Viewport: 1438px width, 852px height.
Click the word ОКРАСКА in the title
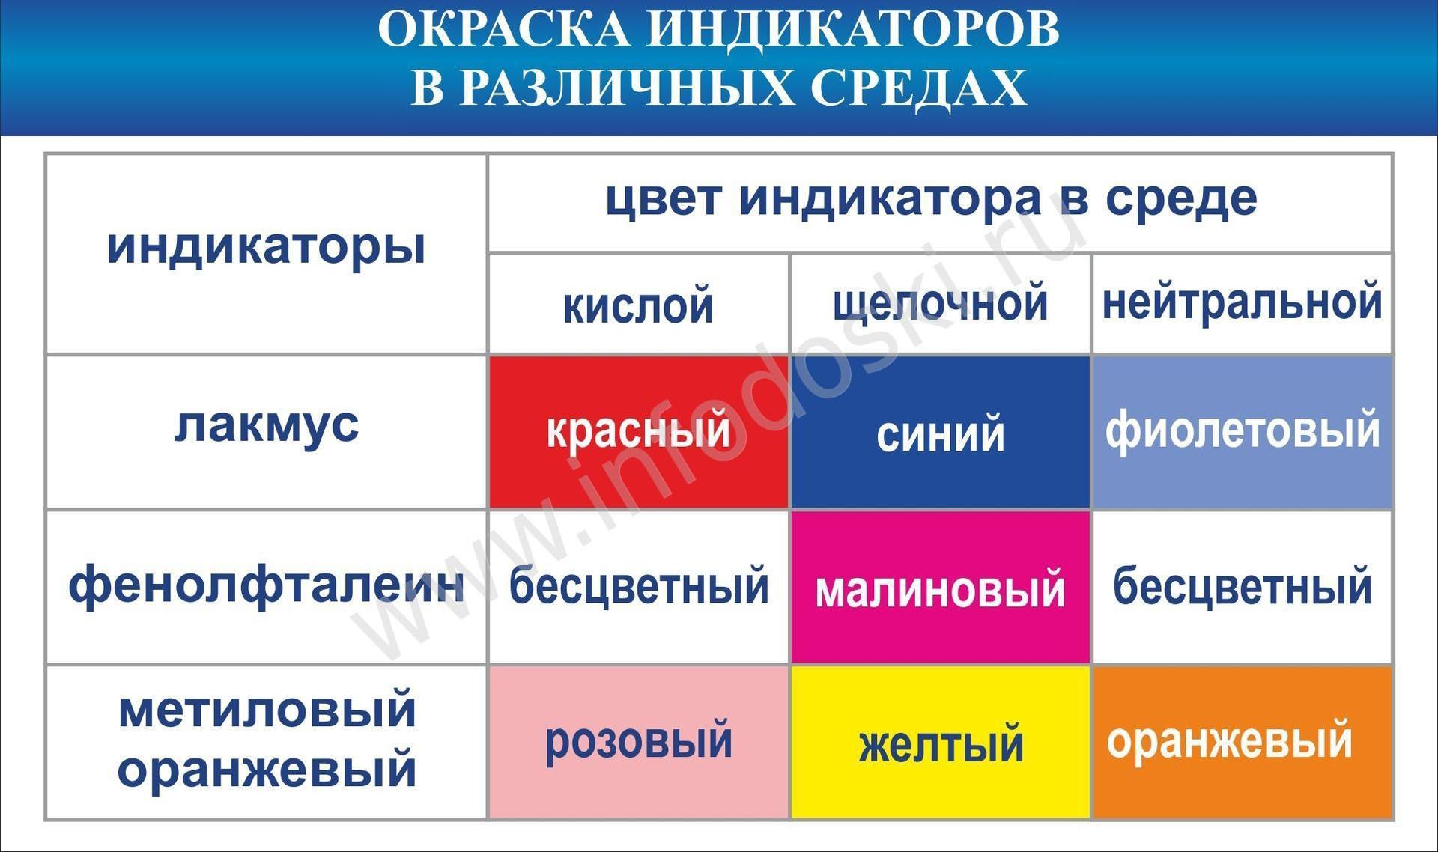[505, 30]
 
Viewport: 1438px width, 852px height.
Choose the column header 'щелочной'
[941, 304]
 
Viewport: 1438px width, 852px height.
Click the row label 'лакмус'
[267, 425]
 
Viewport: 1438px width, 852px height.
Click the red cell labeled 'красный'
[639, 432]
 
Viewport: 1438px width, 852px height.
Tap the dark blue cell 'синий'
[941, 432]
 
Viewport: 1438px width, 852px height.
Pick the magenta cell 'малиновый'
[941, 588]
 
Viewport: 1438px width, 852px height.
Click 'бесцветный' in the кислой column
[639, 585]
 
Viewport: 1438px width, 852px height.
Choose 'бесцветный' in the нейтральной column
[1243, 585]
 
